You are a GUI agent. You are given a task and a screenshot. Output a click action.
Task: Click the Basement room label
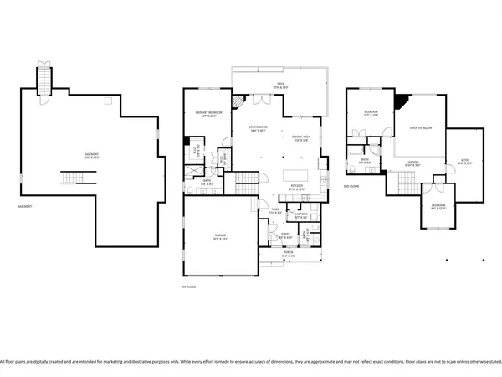[x=90, y=155]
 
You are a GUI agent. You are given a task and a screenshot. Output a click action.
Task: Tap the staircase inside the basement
[x=72, y=179]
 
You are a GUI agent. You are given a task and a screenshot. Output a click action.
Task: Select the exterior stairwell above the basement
[x=44, y=80]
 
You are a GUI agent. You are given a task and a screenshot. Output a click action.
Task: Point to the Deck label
[x=269, y=85]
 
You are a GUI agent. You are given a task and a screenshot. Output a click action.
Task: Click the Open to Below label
[x=420, y=129]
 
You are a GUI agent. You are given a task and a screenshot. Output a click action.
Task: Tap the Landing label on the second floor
[x=414, y=164]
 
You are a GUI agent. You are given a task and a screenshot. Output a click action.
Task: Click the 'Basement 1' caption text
[x=27, y=206]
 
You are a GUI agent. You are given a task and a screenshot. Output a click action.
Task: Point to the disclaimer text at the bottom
[x=251, y=362]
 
